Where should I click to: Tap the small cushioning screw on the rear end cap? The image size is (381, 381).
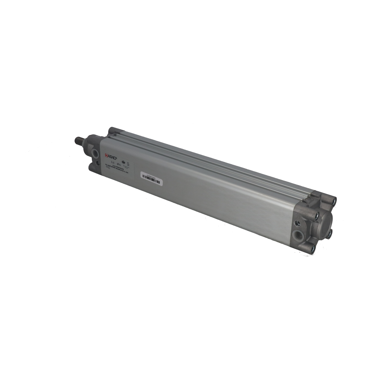coord(296,223)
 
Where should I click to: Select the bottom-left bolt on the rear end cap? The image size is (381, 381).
coord(313,246)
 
